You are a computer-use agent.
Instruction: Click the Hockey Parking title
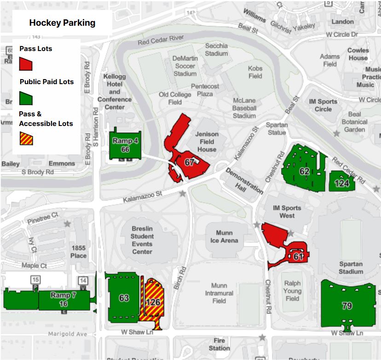tap(62, 23)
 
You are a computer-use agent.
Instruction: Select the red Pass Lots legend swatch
tap(25, 63)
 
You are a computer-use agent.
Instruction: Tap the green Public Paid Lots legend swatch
tap(25, 97)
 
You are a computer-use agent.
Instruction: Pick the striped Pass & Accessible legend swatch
tap(25, 137)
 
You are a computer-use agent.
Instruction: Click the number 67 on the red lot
tap(190, 162)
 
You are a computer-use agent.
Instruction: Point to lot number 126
tap(153, 302)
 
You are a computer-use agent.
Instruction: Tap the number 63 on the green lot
tap(124, 298)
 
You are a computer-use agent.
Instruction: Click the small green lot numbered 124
tap(342, 183)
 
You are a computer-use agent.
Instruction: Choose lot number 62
tap(304, 171)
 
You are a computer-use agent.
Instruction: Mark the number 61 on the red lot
tap(298, 257)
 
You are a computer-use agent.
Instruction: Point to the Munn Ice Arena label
tap(224, 236)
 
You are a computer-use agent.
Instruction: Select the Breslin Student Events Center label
tap(142, 240)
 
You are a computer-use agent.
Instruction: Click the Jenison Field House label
tap(207, 142)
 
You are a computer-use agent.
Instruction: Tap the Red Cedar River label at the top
tap(161, 40)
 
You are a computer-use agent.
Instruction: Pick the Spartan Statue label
tap(277, 129)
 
